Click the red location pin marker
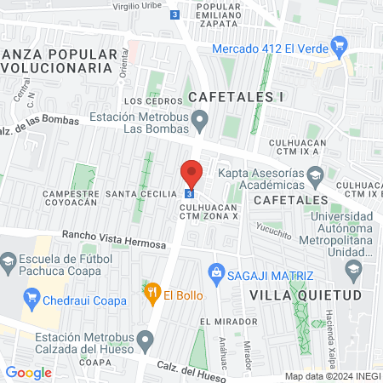tap(191, 174)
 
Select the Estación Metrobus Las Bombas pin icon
tap(199, 120)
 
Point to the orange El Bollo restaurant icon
tap(152, 294)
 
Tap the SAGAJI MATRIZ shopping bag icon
tap(216, 274)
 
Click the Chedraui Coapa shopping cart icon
tap(33, 296)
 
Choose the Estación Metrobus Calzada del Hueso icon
tap(146, 342)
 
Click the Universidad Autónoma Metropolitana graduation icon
tap(352, 271)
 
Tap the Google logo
tap(28, 372)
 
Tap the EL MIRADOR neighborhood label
tap(228, 322)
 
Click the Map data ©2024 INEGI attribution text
tap(332, 376)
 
